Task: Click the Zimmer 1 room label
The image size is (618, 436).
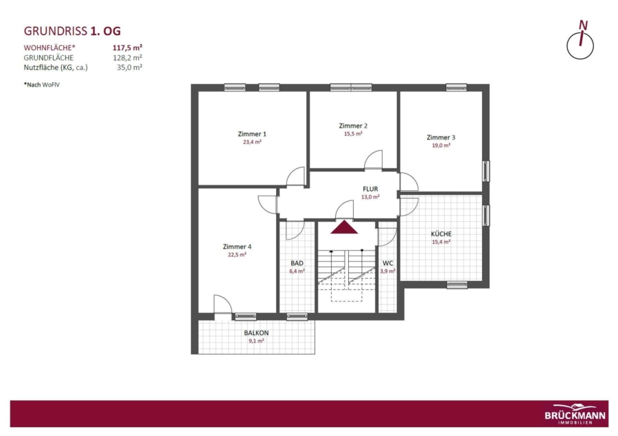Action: (x=252, y=134)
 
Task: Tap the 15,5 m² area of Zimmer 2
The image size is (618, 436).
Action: (x=353, y=134)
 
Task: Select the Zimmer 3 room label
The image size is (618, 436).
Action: (x=441, y=137)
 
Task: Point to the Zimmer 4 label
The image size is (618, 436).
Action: (x=237, y=246)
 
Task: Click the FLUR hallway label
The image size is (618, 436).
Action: (x=371, y=190)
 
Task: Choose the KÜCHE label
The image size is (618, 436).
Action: (x=441, y=233)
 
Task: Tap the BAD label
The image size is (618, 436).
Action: (x=297, y=264)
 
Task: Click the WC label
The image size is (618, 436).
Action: (x=388, y=264)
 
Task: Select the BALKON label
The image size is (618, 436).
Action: (x=256, y=333)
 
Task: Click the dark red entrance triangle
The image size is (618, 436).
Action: (x=344, y=228)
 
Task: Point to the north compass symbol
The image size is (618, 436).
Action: (x=580, y=41)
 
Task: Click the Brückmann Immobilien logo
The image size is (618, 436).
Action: (x=575, y=414)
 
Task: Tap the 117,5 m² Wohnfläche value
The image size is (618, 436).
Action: (x=127, y=47)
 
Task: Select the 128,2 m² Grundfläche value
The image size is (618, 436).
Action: (x=127, y=58)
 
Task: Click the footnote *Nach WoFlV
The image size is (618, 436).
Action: (x=42, y=84)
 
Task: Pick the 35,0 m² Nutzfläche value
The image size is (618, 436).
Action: (x=129, y=67)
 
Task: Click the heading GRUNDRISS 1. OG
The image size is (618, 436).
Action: (x=73, y=31)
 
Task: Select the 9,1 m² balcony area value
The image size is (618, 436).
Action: (x=256, y=341)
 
